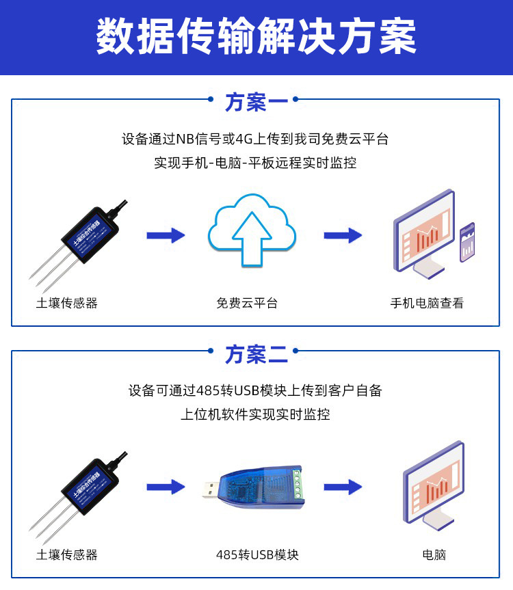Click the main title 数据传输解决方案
[x=256, y=37]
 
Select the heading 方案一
[x=256, y=103]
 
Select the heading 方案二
[x=256, y=355]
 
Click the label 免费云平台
[x=247, y=303]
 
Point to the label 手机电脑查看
[x=427, y=303]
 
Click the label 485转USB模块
[x=257, y=554]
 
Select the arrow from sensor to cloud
[x=166, y=235]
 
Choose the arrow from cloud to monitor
[x=343, y=235]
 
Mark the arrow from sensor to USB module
[x=166, y=487]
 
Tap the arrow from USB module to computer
[x=343, y=487]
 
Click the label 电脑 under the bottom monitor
[x=434, y=554]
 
